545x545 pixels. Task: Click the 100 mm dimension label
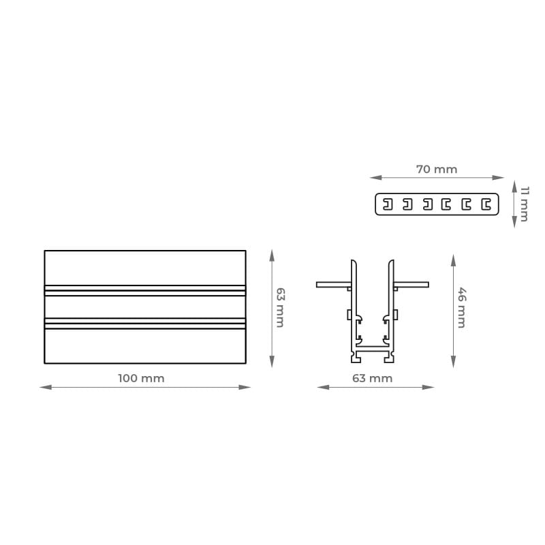[141, 378]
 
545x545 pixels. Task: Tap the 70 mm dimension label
[437, 169]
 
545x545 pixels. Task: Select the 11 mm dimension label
[525, 204]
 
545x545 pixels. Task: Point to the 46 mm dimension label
[462, 308]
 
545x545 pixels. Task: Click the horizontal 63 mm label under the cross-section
[372, 378]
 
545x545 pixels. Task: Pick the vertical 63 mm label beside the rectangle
[280, 308]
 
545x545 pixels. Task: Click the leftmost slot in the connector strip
[388, 204]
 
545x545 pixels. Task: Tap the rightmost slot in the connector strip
[486, 204]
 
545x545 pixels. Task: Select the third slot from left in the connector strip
[428, 204]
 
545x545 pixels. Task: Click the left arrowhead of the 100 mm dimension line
[46, 387]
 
